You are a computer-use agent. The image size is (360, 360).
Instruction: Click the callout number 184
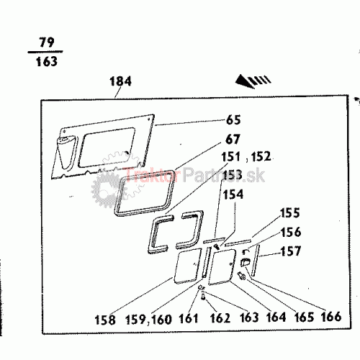[x=120, y=81]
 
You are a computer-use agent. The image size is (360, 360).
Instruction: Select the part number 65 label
[x=233, y=120]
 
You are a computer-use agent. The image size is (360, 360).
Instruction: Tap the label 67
[x=233, y=139]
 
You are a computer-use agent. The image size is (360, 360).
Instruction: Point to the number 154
[x=233, y=194]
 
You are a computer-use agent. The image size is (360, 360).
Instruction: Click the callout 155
[x=290, y=213]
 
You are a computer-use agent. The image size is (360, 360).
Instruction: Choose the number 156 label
[x=290, y=232]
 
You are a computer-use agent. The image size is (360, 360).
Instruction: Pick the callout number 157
[x=291, y=251]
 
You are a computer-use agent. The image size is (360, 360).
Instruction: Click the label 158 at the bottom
[x=105, y=320]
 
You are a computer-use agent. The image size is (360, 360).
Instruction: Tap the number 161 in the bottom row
[x=189, y=319]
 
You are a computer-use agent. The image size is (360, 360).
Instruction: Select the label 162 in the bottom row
[x=220, y=318]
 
